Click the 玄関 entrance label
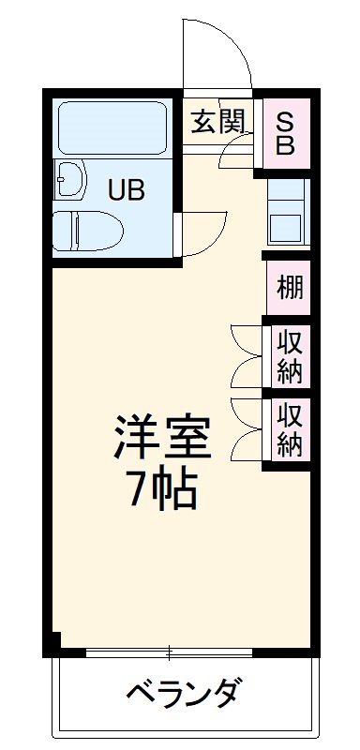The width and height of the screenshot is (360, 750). click(x=219, y=122)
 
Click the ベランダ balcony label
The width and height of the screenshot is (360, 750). click(x=184, y=695)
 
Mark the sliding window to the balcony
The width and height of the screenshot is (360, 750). click(x=169, y=652)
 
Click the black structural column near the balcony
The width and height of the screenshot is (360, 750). click(x=54, y=644)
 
